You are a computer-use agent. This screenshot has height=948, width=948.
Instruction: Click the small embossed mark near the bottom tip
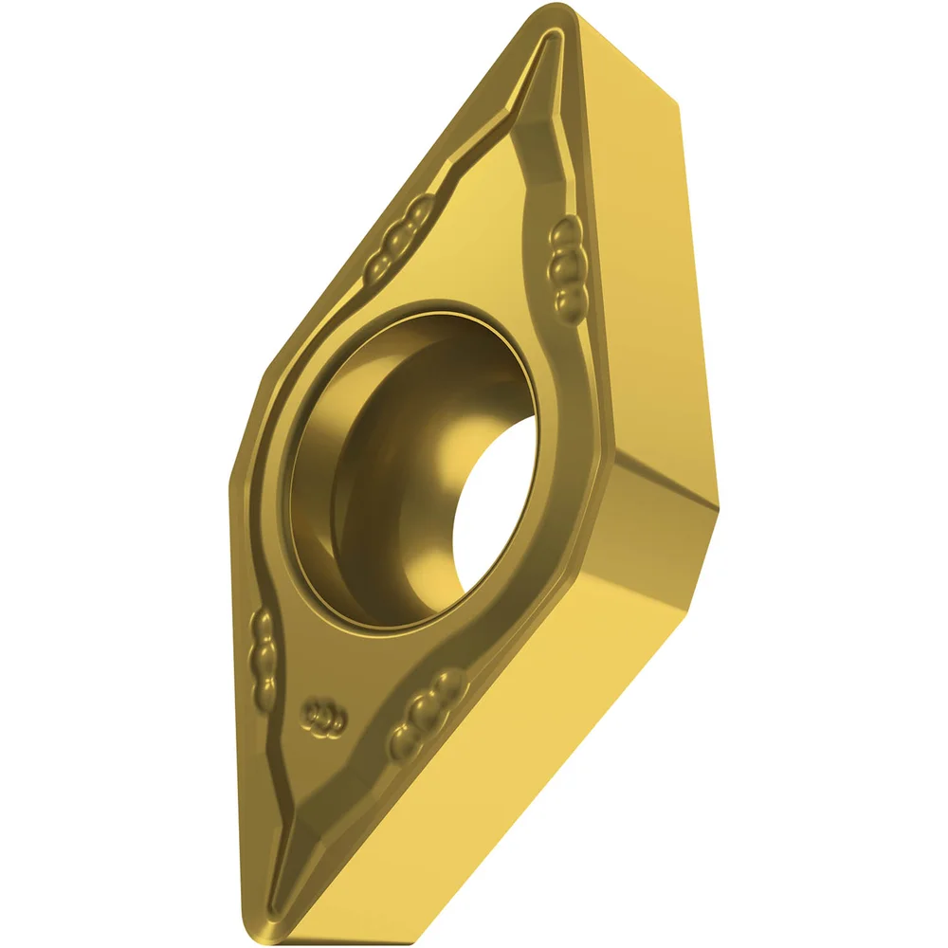click(x=323, y=719)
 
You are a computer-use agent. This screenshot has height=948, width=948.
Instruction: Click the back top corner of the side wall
click(x=679, y=104)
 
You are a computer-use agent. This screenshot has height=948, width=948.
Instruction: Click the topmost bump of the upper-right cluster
click(x=568, y=230)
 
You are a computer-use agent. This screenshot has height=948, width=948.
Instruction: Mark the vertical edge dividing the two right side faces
click(x=618, y=531)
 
